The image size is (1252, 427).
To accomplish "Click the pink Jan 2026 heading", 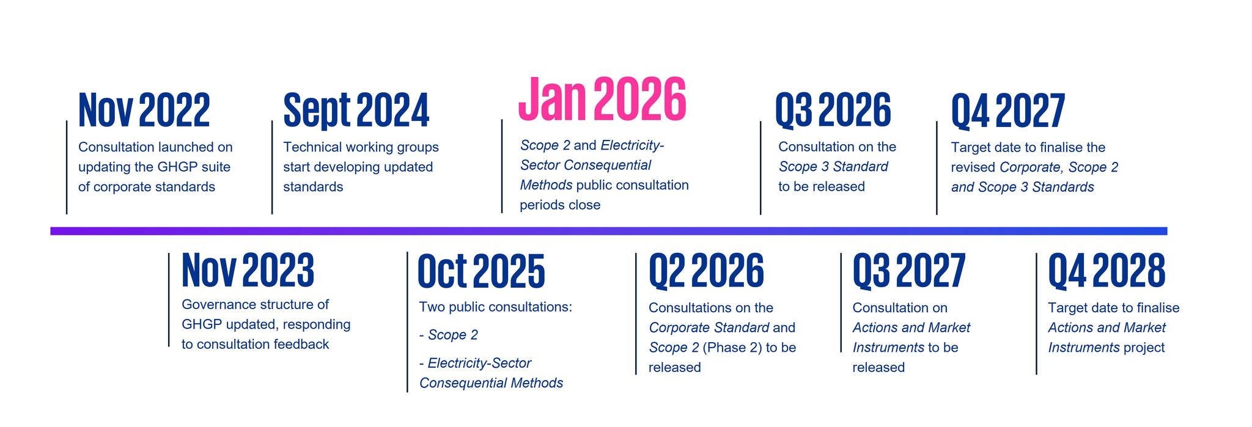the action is coord(602,99).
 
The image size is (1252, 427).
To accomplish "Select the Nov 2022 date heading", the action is coord(144,110).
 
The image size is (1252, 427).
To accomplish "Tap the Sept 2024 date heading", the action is coord(356,111).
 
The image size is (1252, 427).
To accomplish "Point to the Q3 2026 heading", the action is coord(833,110).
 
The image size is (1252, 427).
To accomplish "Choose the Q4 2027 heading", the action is coord(1008,111).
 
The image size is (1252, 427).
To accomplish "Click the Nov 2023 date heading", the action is coord(248,270).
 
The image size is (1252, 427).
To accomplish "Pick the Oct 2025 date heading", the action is coord(481,271).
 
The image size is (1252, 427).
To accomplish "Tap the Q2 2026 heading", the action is coord(706,271).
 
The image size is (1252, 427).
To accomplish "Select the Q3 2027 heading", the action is coord(909,271).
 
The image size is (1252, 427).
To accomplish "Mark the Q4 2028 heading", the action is coord(1107,271).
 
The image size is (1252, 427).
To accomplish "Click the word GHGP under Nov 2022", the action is coord(174,167).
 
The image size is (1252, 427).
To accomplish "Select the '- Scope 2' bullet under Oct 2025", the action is coord(449,335).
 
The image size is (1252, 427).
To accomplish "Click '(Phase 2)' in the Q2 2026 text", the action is coord(732,348).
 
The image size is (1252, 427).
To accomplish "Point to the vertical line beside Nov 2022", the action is coord(67,167).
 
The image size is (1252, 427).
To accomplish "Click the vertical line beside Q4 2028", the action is coord(1037,313).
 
